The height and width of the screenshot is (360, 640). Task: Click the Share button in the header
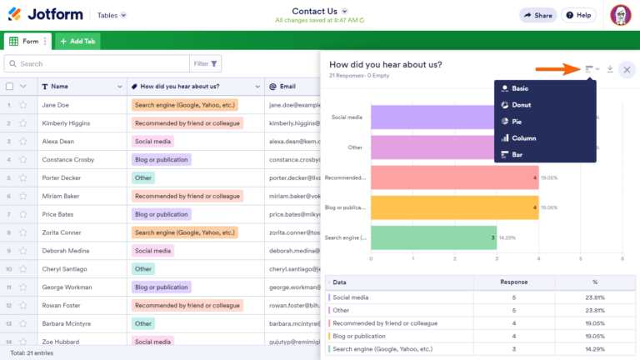537,15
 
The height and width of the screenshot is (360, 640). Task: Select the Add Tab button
77,41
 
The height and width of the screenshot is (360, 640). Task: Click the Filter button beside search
206,63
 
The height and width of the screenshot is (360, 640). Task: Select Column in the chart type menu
523,138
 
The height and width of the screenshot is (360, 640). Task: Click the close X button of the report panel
627,70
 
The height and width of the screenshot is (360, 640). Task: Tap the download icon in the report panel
610,69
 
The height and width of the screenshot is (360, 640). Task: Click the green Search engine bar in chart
433,237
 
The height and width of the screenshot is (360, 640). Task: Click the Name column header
59,86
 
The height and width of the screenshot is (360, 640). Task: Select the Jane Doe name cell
55,105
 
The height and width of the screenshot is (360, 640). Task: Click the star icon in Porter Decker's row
23,177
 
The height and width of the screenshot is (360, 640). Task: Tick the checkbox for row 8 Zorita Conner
9,232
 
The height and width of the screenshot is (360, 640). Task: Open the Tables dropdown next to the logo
112,15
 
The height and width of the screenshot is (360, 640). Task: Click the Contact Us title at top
315,11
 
